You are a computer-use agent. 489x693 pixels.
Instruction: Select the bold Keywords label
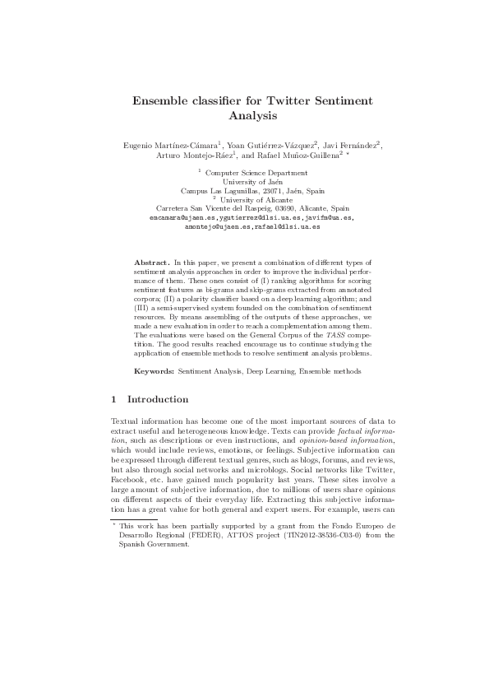click(154, 371)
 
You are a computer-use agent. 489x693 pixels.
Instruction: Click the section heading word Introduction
click(158, 400)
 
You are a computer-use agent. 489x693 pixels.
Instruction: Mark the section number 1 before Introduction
click(113, 400)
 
